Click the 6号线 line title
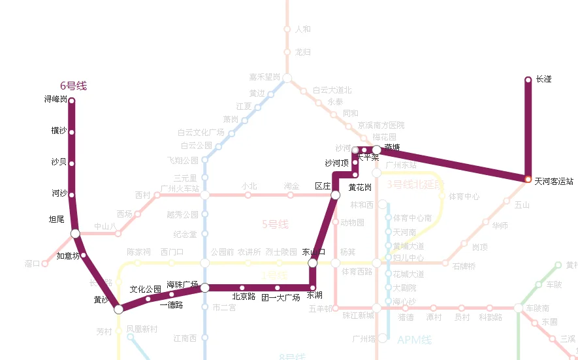coord(73,86)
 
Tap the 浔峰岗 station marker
coord(71,101)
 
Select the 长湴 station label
coord(543,79)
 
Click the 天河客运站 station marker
coord(528,179)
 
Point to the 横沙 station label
coord(59,131)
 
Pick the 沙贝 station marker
coord(71,163)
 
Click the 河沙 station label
coord(59,193)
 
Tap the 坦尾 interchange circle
coord(75,233)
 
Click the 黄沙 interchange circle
coord(118,309)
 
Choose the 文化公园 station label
coord(145,289)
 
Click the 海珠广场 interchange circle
coord(204,287)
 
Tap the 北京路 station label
coord(244,297)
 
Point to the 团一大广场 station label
coord(280,297)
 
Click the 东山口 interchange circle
coord(312,263)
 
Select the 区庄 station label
coord(323,186)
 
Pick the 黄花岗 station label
coord(360,188)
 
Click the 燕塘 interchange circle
coord(376,150)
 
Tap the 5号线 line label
coord(275,224)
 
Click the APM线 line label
coord(415,340)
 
